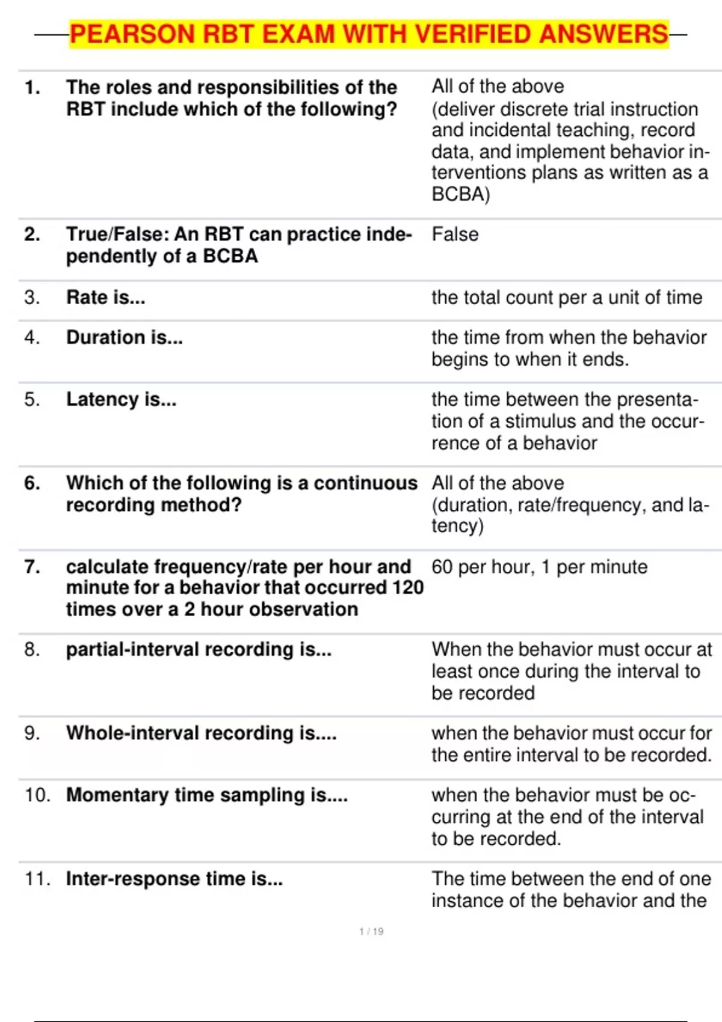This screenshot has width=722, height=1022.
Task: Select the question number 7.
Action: [x=32, y=566]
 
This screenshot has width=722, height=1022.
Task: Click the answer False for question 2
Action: [x=455, y=234]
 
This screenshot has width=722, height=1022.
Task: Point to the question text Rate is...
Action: [x=106, y=297]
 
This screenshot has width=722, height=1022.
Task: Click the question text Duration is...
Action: [x=125, y=337]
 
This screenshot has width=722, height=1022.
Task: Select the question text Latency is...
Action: [x=122, y=399]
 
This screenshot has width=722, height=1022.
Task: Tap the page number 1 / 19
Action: [x=371, y=931]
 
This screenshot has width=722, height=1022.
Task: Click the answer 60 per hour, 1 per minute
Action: [x=539, y=566]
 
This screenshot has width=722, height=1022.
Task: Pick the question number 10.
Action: [x=37, y=795]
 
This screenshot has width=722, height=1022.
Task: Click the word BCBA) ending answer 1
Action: [x=461, y=194]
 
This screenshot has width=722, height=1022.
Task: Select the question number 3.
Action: [x=32, y=297]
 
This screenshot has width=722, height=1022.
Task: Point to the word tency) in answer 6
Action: [x=457, y=525]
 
